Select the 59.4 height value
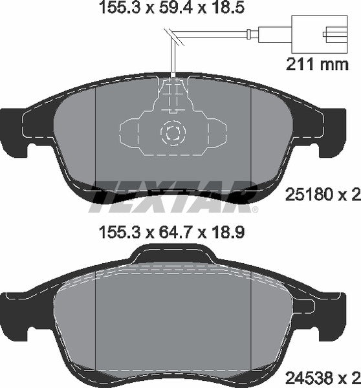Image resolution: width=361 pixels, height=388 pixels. tap(170, 8)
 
